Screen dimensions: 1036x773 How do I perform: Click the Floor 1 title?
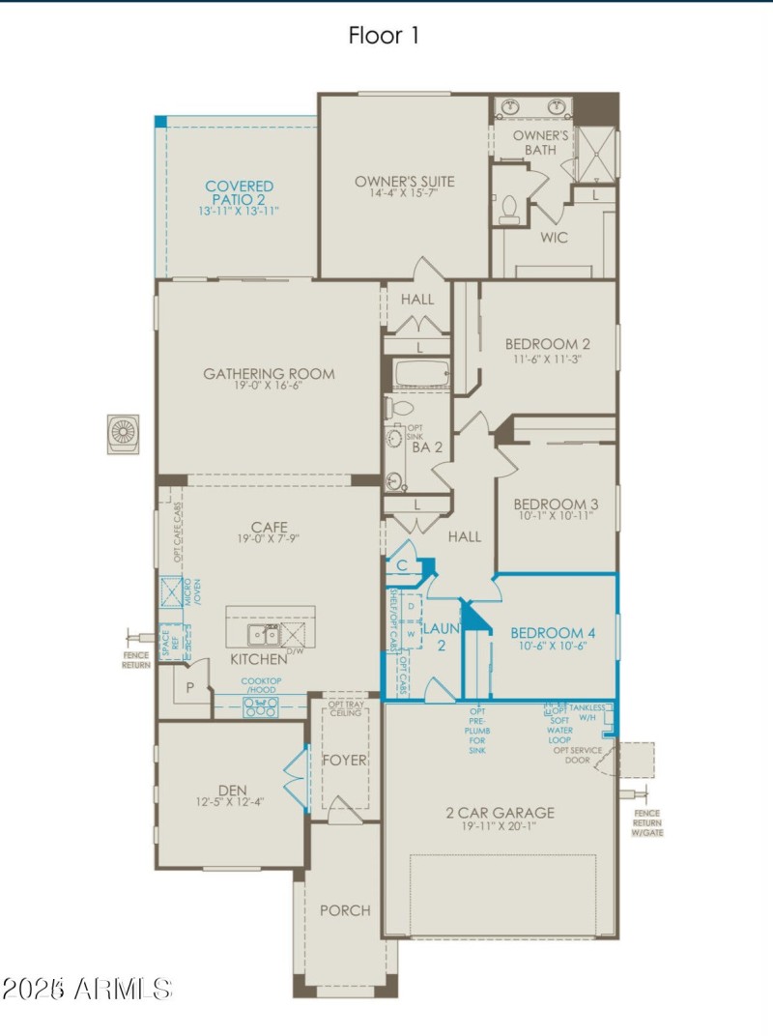[384, 36]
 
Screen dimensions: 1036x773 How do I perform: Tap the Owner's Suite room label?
[404, 181]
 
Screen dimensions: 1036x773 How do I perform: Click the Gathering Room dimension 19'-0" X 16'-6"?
[269, 386]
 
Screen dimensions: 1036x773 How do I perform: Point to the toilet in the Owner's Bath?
[509, 208]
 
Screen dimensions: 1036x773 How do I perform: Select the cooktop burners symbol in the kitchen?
[261, 707]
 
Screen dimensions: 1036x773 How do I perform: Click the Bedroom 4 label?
[553, 633]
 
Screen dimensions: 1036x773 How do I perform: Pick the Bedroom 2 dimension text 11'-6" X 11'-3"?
[547, 358]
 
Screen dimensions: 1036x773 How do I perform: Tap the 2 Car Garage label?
[500, 813]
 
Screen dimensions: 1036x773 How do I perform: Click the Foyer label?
[345, 760]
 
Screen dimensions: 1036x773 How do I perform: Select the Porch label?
[345, 909]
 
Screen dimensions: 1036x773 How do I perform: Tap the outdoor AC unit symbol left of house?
[124, 434]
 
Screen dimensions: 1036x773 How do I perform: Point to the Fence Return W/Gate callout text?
[648, 823]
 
